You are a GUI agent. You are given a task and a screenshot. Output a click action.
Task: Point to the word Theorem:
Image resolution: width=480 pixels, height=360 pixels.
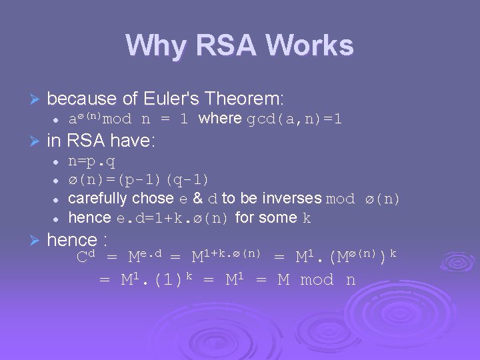coord(246,99)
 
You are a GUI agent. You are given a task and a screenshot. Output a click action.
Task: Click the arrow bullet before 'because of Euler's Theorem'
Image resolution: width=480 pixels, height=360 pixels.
coord(36,100)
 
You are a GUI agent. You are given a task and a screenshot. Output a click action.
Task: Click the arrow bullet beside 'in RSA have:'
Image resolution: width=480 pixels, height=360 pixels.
coord(36,141)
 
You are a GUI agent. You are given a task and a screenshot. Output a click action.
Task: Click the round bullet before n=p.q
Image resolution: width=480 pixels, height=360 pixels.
coord(57,162)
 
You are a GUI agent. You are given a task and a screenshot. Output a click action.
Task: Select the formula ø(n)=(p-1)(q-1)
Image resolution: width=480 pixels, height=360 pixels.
coord(139,180)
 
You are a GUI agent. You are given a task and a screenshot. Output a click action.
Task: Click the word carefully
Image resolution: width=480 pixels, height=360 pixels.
coord(98,199)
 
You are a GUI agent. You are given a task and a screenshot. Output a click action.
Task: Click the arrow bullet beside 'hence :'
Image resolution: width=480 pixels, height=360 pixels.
coord(36,241)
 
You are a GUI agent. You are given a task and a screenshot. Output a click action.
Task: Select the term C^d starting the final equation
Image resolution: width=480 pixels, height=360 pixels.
coord(87,257)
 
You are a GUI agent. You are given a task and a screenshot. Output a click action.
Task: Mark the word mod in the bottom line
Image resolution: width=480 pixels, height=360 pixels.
coord(317,280)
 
